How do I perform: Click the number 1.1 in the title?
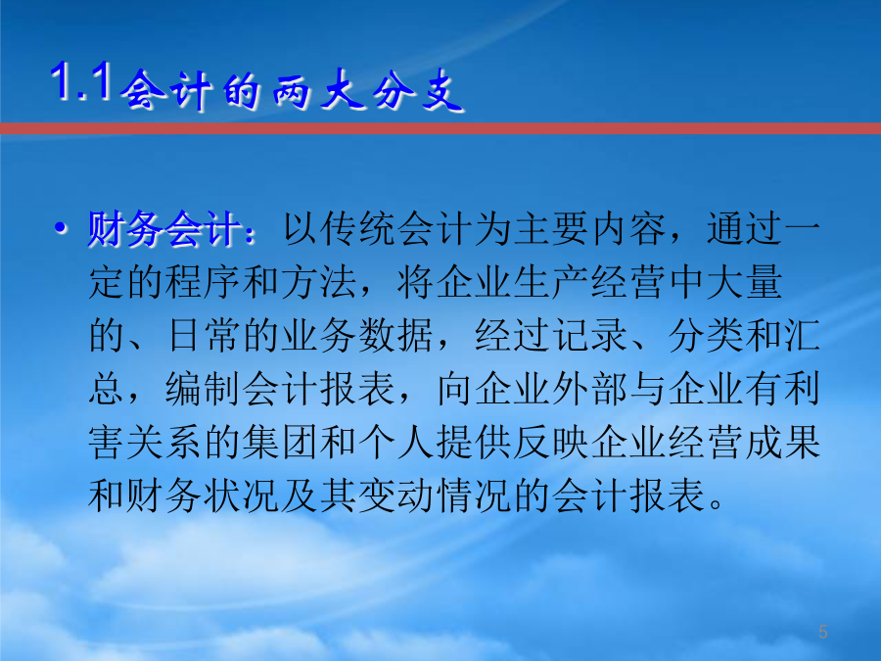(x=80, y=82)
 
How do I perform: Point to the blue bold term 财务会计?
(x=164, y=229)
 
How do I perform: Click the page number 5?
(x=823, y=632)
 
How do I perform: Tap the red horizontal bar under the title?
(x=440, y=128)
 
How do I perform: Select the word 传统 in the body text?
(x=339, y=229)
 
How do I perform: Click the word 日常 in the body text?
(x=203, y=336)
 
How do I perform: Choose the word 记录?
(x=589, y=336)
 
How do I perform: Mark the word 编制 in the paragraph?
(x=203, y=389)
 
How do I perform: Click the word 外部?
(x=589, y=389)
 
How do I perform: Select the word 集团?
(x=280, y=443)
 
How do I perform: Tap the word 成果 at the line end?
(x=783, y=443)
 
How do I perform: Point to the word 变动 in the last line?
(x=395, y=496)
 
